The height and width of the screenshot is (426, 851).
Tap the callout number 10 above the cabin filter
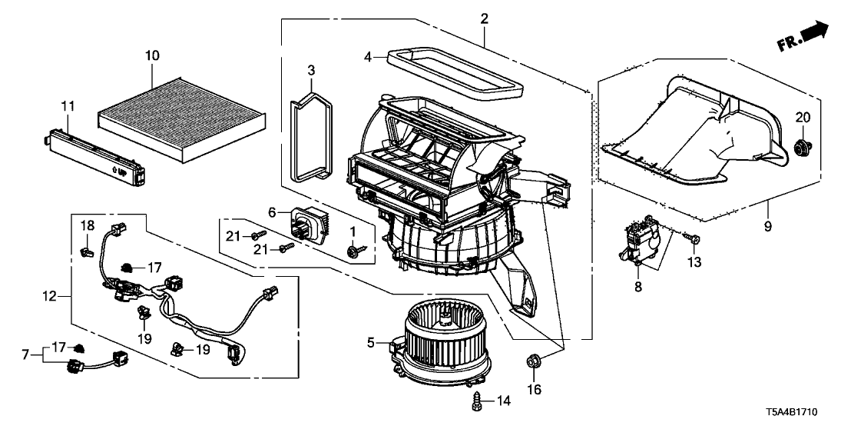pos(152,56)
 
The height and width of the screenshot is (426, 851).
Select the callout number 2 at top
pos(485,18)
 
